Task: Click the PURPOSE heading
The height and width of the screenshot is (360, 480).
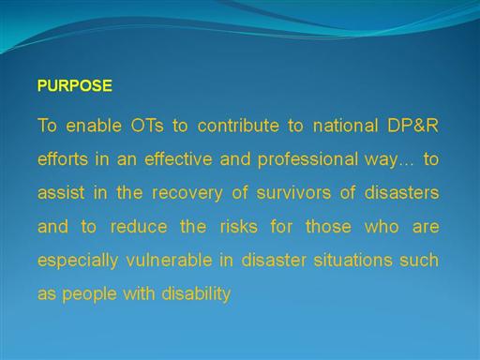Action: point(75,85)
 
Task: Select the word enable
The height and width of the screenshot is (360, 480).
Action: point(94,126)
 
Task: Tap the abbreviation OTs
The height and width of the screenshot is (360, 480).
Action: point(147,126)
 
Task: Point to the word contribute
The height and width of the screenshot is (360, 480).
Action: point(238,126)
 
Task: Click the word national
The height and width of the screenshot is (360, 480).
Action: point(345,126)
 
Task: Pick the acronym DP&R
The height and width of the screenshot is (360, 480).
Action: point(412,126)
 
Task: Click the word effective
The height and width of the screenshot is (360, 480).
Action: point(178,158)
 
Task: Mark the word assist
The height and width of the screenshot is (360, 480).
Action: point(61,192)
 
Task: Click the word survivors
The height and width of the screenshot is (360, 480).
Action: point(293,192)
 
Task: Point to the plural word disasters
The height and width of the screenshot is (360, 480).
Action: point(401,192)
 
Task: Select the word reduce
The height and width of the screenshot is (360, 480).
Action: point(139,226)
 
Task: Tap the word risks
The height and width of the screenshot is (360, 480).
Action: point(239,226)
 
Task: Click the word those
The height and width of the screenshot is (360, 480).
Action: point(328,226)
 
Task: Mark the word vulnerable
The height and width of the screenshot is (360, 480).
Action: point(169,260)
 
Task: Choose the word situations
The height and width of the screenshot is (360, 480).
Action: point(352,260)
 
